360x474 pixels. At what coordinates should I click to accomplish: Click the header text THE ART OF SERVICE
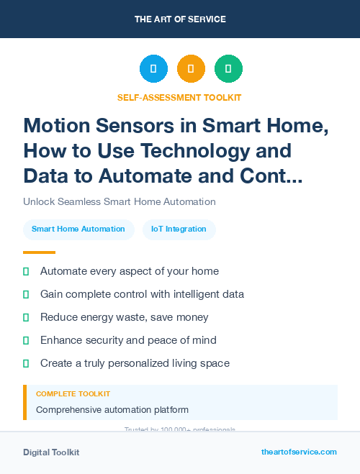pos(179,19)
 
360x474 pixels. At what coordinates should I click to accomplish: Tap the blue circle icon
pos(153,69)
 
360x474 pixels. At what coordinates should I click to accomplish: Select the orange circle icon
pos(191,69)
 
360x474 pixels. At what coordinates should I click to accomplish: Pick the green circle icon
pos(228,69)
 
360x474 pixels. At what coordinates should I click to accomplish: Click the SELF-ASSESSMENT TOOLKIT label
pos(179,97)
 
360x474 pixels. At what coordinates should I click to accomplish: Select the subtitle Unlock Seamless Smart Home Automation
pos(119,201)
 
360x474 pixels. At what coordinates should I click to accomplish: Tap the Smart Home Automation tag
pos(78,229)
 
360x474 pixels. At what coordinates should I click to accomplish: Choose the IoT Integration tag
pos(179,229)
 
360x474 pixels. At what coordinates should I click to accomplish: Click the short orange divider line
pos(39,252)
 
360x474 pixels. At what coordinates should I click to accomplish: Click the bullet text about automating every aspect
pos(130,271)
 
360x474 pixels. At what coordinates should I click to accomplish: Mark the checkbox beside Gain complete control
pos(27,294)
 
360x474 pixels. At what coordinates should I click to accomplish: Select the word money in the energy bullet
pos(192,317)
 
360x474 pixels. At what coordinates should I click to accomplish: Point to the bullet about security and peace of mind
pos(128,340)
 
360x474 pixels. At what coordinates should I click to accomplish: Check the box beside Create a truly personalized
pos(27,363)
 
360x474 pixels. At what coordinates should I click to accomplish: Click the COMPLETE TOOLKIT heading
pos(73,394)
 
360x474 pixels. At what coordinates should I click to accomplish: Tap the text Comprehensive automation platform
pos(112,410)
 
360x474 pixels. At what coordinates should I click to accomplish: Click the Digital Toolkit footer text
pos(51,452)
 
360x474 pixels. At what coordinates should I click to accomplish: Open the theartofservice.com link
pos(299,452)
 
